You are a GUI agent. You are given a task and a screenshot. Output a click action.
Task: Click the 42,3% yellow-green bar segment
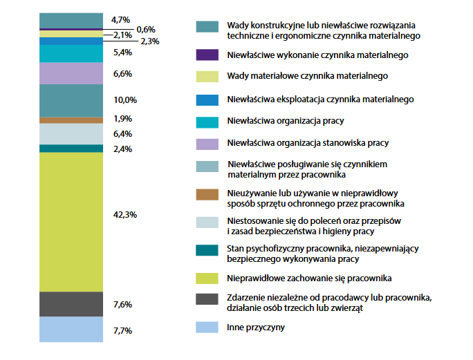pos(71,221)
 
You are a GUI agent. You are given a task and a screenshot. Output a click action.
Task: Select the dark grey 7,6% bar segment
pos(71,304)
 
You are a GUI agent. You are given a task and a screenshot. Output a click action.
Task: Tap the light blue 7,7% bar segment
pos(71,330)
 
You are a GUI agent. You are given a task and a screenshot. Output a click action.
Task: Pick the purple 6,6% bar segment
pos(71,73)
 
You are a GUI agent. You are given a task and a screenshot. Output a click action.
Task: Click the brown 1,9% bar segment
pos(71,120)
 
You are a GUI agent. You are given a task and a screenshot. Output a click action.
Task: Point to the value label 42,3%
pos(124,215)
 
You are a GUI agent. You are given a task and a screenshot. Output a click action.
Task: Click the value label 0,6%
pos(146,29)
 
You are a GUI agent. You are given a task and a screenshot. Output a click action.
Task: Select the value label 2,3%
pos(149,41)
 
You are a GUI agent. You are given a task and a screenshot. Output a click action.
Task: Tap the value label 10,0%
pos(124,100)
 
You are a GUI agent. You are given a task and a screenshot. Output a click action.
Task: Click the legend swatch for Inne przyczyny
pos(207,328)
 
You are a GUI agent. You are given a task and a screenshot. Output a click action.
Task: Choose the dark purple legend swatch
pos(207,55)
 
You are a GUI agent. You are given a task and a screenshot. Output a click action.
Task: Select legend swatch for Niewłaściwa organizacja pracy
pos(207,122)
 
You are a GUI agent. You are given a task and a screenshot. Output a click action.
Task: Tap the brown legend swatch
pos(207,198)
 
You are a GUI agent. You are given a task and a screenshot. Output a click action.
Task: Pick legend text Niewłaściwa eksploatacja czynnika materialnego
pos(320,99)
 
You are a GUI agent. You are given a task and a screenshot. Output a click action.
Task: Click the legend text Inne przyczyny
pos(255,328)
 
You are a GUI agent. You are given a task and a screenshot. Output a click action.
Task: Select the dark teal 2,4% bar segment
pos(71,148)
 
